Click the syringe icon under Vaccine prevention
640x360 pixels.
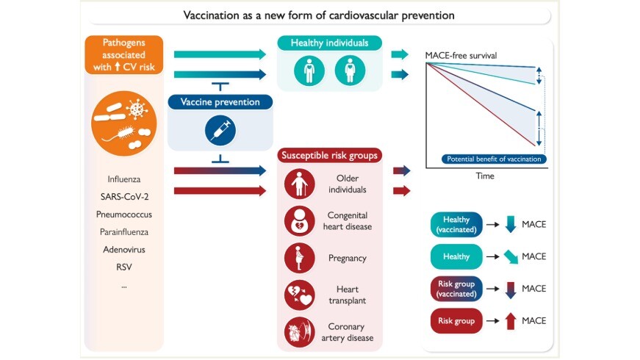click(x=215, y=129)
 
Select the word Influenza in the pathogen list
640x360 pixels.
click(x=123, y=179)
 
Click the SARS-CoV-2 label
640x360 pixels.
click(x=123, y=196)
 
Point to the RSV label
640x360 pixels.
click(x=123, y=267)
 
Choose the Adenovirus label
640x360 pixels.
click(x=123, y=249)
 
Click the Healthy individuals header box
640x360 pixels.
click(x=329, y=43)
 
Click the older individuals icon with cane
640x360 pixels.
click(x=298, y=184)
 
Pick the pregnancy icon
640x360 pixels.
click(x=298, y=258)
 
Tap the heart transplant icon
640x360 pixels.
click(x=298, y=295)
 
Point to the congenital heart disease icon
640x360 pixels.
click(x=298, y=220)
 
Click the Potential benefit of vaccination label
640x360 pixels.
click(x=494, y=159)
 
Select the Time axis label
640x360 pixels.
click(x=484, y=176)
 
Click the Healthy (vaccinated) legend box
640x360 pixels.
click(x=456, y=224)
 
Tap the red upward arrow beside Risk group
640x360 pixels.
click(x=511, y=321)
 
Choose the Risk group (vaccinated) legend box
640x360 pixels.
click(x=456, y=289)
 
